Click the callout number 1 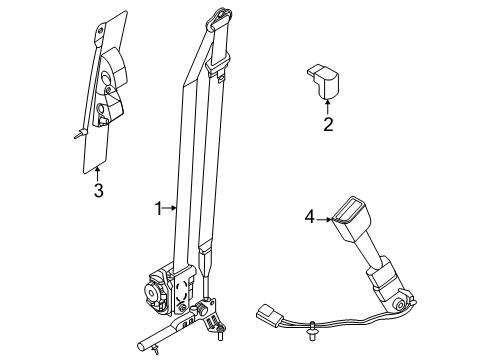pyautogui.click(x=156, y=208)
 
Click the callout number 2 pyautogui.click(x=325, y=126)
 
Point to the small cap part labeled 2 pyautogui.click(x=323, y=82)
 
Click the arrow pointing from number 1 pyautogui.click(x=170, y=208)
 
